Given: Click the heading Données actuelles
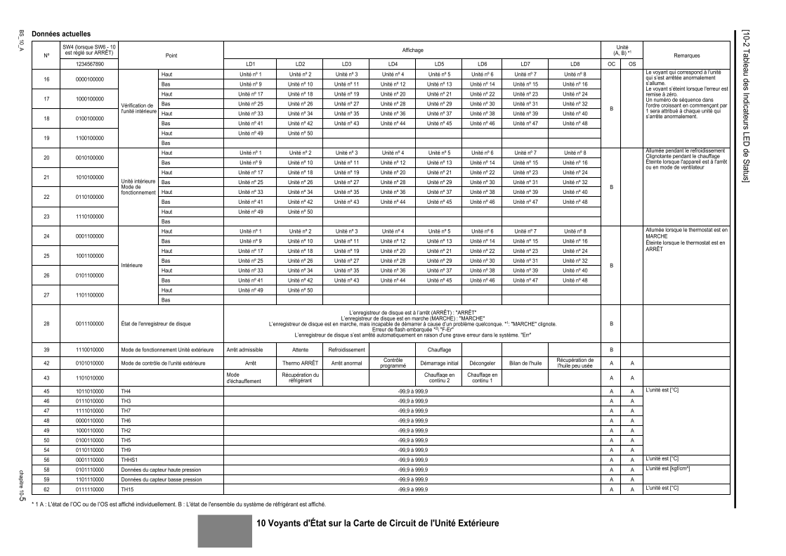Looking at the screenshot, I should [60, 34].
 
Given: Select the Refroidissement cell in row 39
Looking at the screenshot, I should [346, 349].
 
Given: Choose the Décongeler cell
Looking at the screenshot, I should [482, 363].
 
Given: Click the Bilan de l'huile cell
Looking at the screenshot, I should [524, 363].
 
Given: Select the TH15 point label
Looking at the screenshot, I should [127, 487].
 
